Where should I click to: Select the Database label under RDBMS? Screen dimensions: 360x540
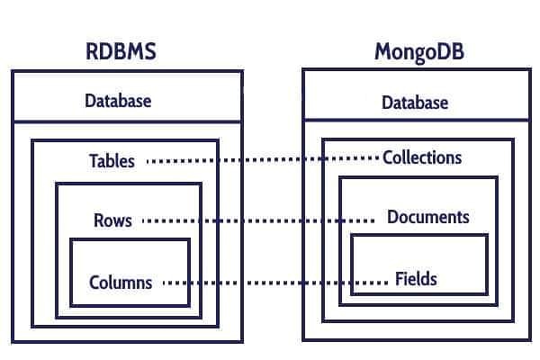[118, 100]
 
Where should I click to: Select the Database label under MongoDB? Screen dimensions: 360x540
[415, 103]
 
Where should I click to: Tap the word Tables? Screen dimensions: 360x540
[112, 161]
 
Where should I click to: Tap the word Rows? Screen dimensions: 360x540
[112, 220]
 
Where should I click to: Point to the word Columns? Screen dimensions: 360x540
[121, 282]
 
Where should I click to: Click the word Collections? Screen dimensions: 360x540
[422, 157]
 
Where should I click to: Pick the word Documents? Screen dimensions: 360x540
[428, 217]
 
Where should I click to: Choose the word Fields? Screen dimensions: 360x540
[417, 278]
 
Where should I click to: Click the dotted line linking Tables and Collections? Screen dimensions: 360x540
[261, 160]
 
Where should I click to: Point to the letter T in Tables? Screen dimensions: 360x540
[94, 161]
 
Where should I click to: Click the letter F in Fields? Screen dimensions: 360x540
[400, 278]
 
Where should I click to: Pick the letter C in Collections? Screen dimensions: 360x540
[388, 157]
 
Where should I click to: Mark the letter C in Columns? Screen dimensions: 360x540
[94, 282]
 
